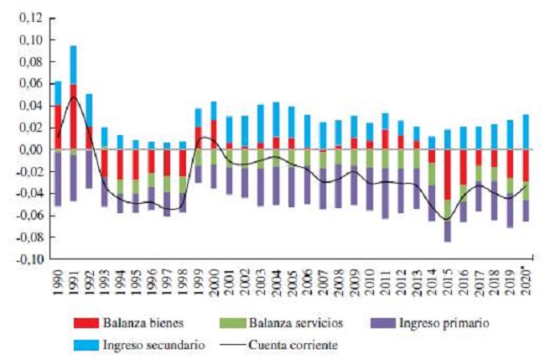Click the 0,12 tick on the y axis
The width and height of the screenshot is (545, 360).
28,18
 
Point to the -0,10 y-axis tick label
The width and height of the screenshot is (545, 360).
26,259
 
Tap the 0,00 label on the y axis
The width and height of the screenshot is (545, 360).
28,149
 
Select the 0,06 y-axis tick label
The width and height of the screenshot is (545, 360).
28,84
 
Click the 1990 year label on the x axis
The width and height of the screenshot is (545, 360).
58,279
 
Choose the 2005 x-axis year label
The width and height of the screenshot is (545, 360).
291,279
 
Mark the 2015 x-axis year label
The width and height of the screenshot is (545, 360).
447,279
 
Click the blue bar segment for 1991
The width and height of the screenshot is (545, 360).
74,65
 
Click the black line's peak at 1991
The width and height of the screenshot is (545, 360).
74,97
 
